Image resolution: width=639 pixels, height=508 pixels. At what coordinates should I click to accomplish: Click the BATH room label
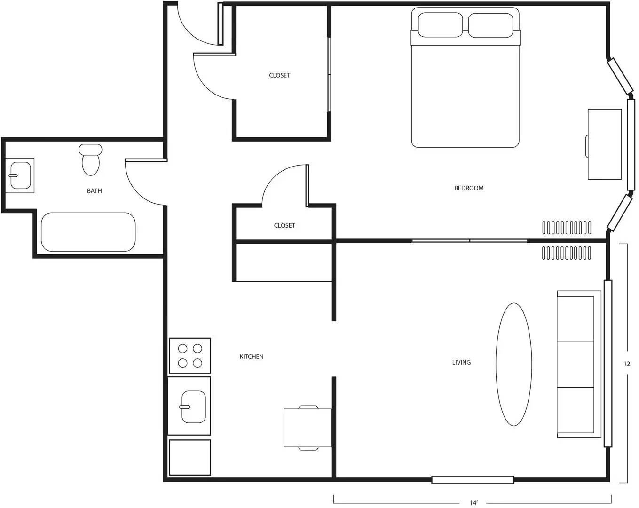[x=94, y=191]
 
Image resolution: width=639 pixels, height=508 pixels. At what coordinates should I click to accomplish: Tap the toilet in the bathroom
[x=90, y=160]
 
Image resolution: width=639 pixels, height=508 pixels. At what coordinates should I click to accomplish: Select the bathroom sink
[x=20, y=175]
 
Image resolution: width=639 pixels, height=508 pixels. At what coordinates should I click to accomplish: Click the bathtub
[x=88, y=232]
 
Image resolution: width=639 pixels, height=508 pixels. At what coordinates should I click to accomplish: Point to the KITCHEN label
[x=252, y=357]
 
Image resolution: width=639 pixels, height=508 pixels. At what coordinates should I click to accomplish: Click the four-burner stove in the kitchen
[x=190, y=356]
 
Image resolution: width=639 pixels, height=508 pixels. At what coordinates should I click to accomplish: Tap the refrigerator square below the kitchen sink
[x=190, y=457]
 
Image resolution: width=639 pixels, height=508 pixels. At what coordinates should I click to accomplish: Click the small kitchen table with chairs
[x=308, y=428]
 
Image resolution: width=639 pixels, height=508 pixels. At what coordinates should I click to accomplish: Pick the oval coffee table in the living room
[x=514, y=365]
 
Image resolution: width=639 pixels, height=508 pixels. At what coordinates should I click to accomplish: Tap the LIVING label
[x=461, y=362]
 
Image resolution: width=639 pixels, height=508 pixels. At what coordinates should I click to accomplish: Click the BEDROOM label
[x=469, y=188]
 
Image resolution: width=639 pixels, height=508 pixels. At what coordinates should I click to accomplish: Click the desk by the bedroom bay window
[x=605, y=144]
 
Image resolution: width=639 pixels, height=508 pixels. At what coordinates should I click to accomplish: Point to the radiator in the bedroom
[x=567, y=228]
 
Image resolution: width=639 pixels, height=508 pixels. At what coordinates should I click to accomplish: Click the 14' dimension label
[x=473, y=503]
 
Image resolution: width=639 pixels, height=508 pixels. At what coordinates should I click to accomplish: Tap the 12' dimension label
[x=627, y=364]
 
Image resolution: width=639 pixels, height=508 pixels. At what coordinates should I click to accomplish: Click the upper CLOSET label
[x=280, y=75]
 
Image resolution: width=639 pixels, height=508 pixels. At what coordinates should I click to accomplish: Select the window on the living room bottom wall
[x=473, y=480]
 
